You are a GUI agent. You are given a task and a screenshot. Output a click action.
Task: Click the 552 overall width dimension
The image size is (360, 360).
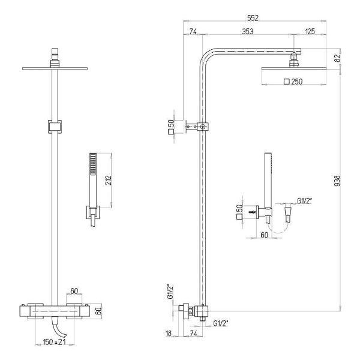point(253,18)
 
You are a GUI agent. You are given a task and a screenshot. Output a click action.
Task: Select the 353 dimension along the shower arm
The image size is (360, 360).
point(248,31)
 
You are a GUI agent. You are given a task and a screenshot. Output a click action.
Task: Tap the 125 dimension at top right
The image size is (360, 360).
point(310,31)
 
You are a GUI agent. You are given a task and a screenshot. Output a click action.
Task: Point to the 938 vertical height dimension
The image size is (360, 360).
point(337,181)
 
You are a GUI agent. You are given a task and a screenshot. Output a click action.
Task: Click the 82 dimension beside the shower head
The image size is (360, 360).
point(337,58)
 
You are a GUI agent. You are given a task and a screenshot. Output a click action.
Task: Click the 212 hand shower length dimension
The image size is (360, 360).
point(109,180)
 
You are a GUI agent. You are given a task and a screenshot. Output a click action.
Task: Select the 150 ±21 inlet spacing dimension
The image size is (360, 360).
point(55,342)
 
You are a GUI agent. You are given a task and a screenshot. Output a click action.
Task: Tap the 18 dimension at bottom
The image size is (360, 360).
point(169,334)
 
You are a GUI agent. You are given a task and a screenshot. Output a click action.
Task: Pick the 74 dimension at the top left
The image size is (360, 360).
point(193,31)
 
